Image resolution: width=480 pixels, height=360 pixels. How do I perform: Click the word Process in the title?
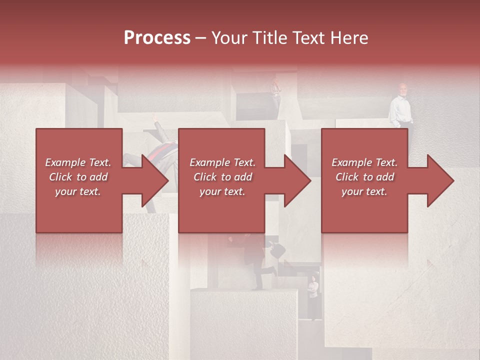pyautogui.click(x=157, y=38)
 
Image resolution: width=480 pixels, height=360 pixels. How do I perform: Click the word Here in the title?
pyautogui.click(x=351, y=38)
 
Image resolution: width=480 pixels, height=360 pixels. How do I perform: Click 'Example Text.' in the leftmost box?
pyautogui.click(x=78, y=162)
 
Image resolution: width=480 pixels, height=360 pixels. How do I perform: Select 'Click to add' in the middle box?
pyautogui.click(x=222, y=177)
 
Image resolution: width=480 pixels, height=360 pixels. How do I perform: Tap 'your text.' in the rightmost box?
pyautogui.click(x=364, y=191)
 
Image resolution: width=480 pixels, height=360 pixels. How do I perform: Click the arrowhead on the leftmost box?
pyautogui.click(x=155, y=180)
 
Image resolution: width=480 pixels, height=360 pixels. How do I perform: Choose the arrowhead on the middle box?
pyautogui.click(x=298, y=180)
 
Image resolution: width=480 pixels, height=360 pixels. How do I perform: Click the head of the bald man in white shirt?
pyautogui.click(x=403, y=89)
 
